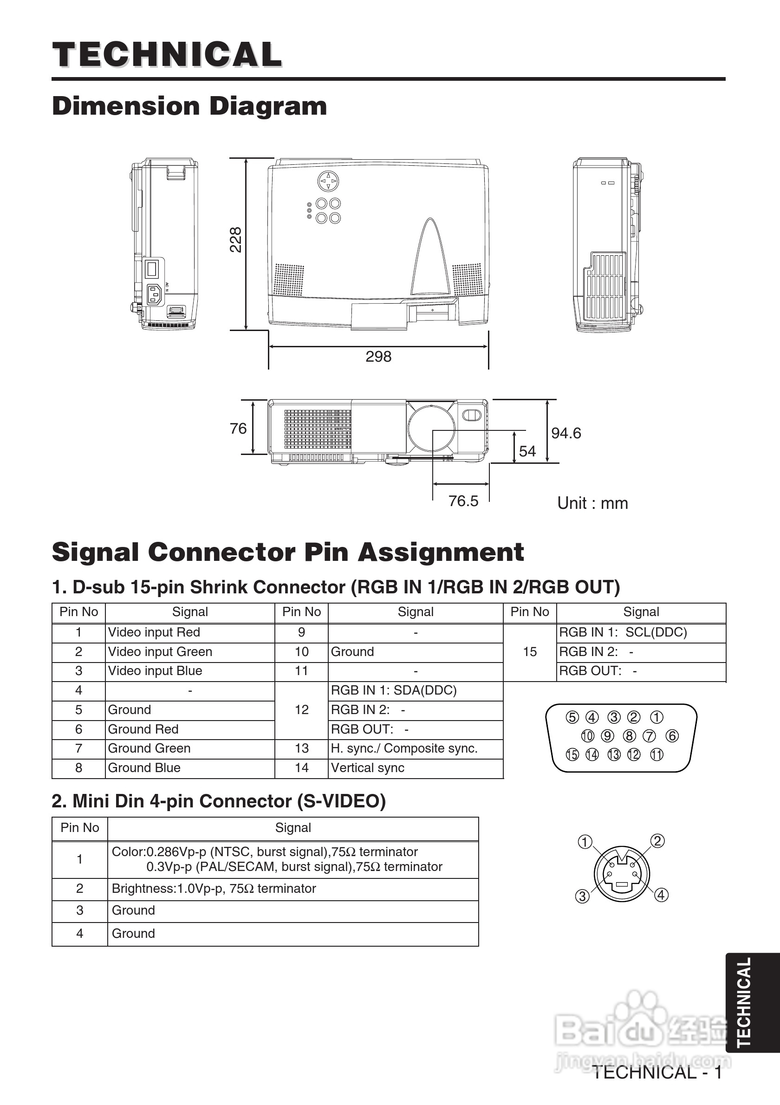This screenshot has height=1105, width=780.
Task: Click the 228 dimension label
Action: [x=235, y=240]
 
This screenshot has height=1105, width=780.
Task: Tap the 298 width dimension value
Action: [x=378, y=357]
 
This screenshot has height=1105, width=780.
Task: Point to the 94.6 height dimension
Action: [x=566, y=433]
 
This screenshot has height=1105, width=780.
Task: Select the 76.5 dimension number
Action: [x=463, y=501]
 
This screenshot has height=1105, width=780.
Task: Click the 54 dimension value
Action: [x=527, y=451]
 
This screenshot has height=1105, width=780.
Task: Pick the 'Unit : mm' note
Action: [x=592, y=503]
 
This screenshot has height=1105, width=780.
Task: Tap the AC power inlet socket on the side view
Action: [x=155, y=294]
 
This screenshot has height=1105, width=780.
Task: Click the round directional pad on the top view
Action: [x=328, y=182]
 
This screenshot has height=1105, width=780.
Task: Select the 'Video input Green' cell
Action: [x=160, y=652]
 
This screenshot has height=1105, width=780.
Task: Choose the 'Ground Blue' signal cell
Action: [x=144, y=767]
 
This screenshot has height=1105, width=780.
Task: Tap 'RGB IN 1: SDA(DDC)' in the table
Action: [x=393, y=690]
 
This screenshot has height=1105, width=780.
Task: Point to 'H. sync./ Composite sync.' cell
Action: [x=404, y=748]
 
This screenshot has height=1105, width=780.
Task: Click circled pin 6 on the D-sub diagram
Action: [x=672, y=736]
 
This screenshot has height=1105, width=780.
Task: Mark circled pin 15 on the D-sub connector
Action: [x=572, y=754]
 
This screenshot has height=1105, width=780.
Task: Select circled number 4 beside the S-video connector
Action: [x=662, y=895]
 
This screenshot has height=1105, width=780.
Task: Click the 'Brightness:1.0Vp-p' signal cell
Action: [x=214, y=889]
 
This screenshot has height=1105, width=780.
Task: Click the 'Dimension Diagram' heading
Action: [x=189, y=106]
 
